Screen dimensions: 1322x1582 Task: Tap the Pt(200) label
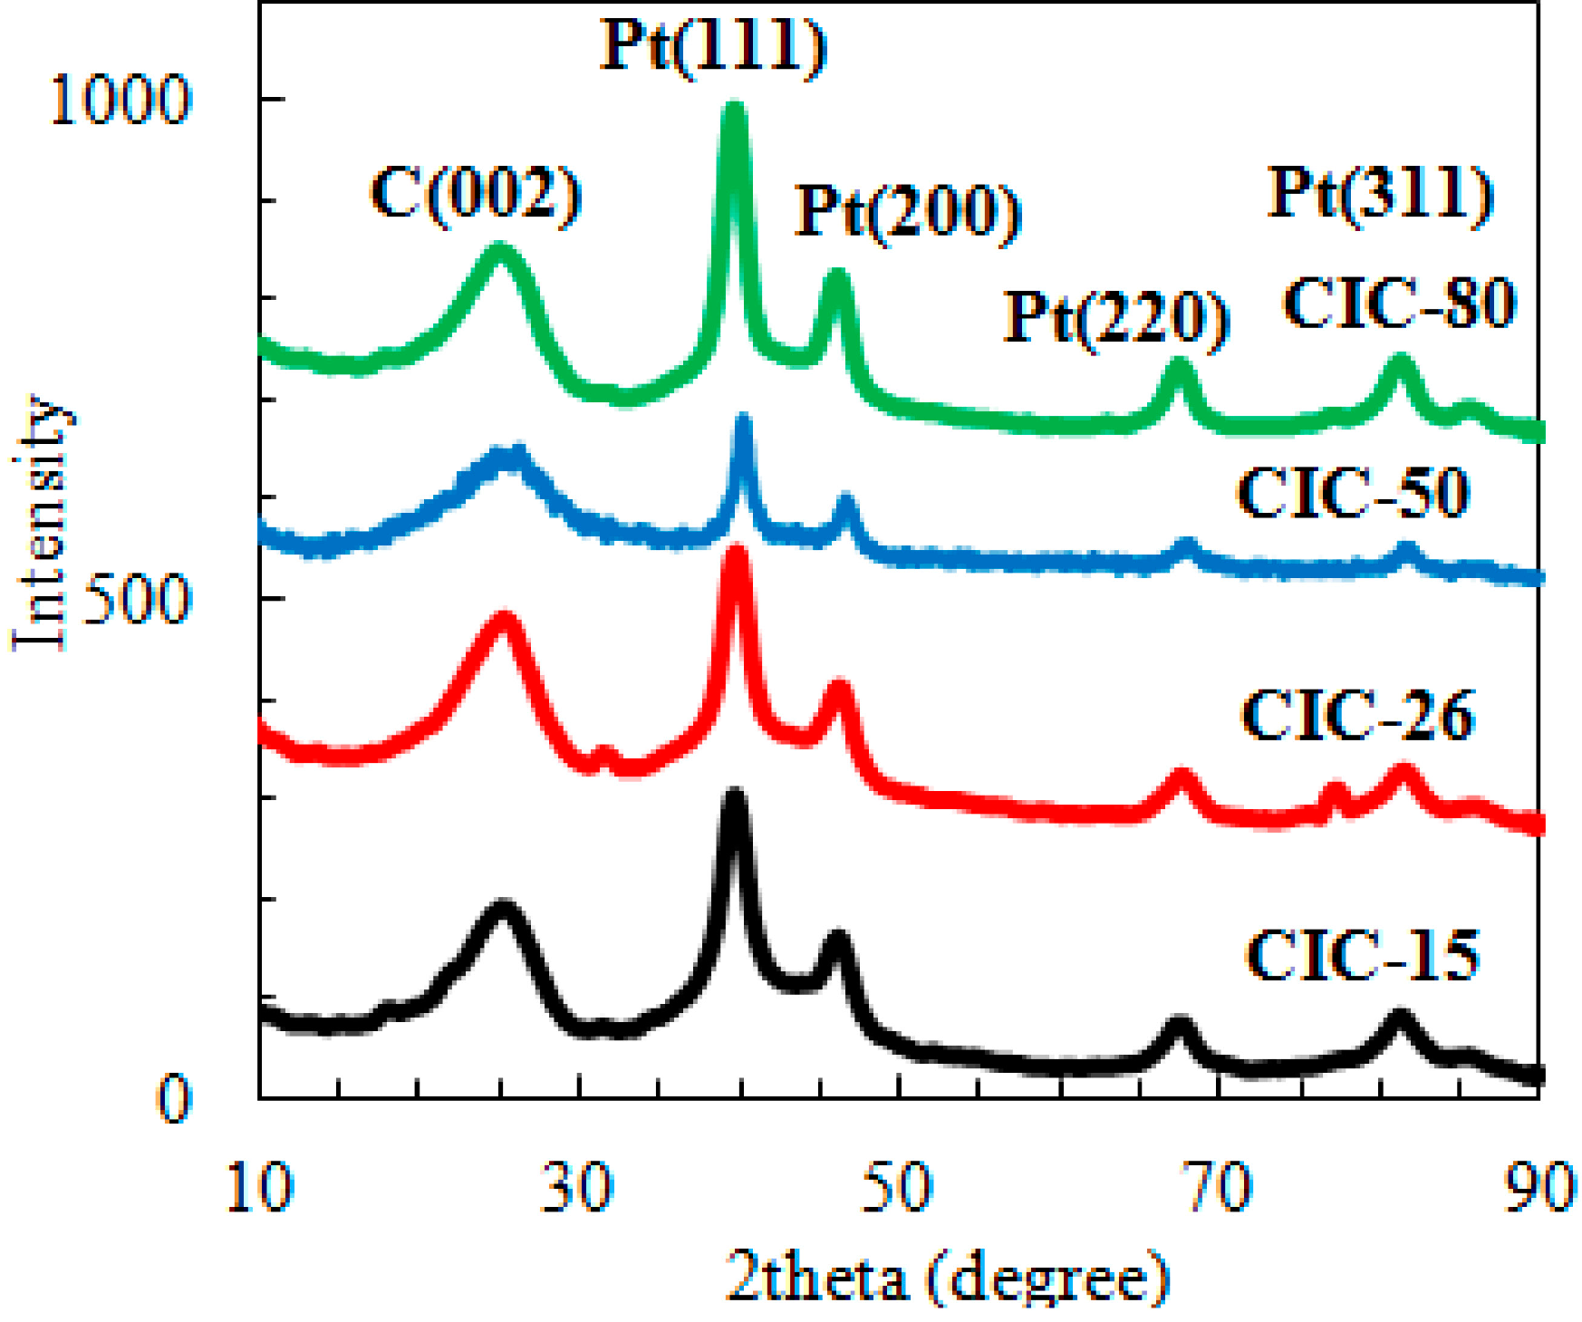tap(907, 210)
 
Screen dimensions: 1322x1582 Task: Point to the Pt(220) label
tap(1115, 317)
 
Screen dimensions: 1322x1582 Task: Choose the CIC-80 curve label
tap(1399, 303)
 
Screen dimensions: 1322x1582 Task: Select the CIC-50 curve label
tap(1353, 494)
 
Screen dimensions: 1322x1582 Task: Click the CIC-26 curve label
tap(1357, 716)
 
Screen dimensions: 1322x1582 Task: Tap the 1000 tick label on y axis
tap(121, 99)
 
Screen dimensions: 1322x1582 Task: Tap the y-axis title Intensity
tap(41, 524)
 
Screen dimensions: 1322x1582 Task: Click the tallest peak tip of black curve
tap(734, 796)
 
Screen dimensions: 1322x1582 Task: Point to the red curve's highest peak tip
tap(737, 551)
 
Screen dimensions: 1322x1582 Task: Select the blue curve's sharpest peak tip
tap(744, 419)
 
